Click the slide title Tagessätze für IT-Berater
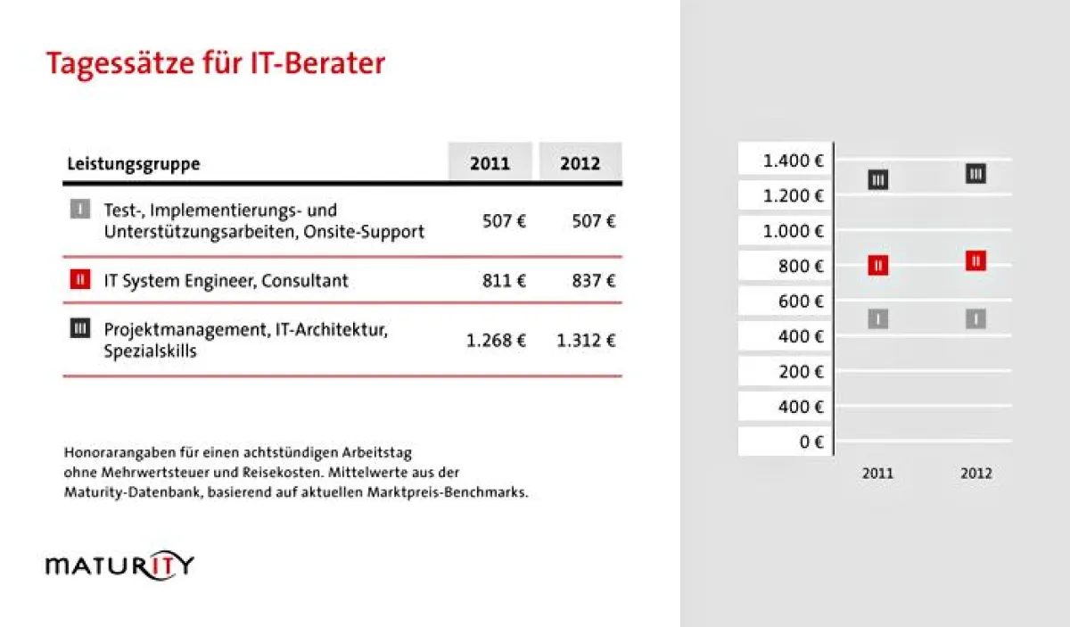215,65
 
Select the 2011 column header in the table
490,164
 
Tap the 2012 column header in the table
580,164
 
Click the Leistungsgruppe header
134,164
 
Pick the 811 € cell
505,281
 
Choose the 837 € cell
594,281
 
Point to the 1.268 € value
496,340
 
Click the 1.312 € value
586,340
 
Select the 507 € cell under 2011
505,221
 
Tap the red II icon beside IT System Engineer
80,280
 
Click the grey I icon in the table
80,210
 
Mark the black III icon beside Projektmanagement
80,328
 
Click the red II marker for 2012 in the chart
976,260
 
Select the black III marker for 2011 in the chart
878,180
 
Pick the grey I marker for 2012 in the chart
976,318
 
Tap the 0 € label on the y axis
811,441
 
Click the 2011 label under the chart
877,474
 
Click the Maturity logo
119,565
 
